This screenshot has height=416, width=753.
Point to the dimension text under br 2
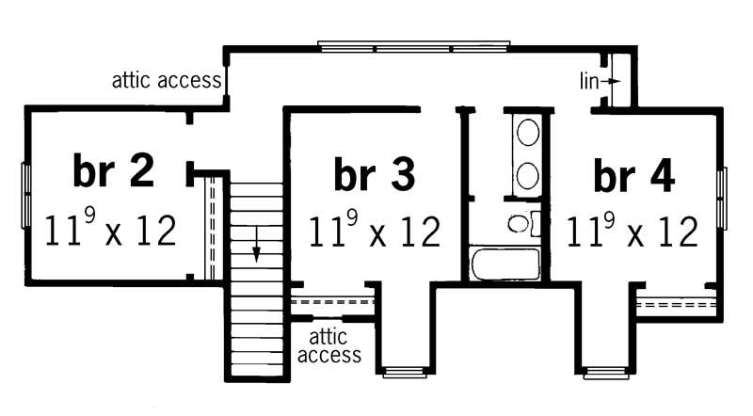tap(111, 229)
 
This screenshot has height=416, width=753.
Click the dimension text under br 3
tap(374, 230)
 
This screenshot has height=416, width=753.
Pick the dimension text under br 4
tap(633, 230)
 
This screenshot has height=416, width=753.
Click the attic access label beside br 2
tap(167, 80)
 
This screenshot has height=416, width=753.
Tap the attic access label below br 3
tap(328, 345)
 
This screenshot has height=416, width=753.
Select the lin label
tap(588, 82)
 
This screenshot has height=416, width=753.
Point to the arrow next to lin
tap(612, 82)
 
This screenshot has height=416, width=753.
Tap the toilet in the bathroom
tap(519, 224)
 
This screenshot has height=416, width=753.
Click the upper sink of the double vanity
tap(527, 132)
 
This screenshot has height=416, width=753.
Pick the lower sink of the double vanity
tap(527, 174)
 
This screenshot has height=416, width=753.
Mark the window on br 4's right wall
tap(721, 198)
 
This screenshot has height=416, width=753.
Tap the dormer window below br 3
tap(406, 372)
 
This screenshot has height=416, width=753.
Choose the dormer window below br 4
tap(605, 372)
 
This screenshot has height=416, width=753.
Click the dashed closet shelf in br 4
tap(676, 305)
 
